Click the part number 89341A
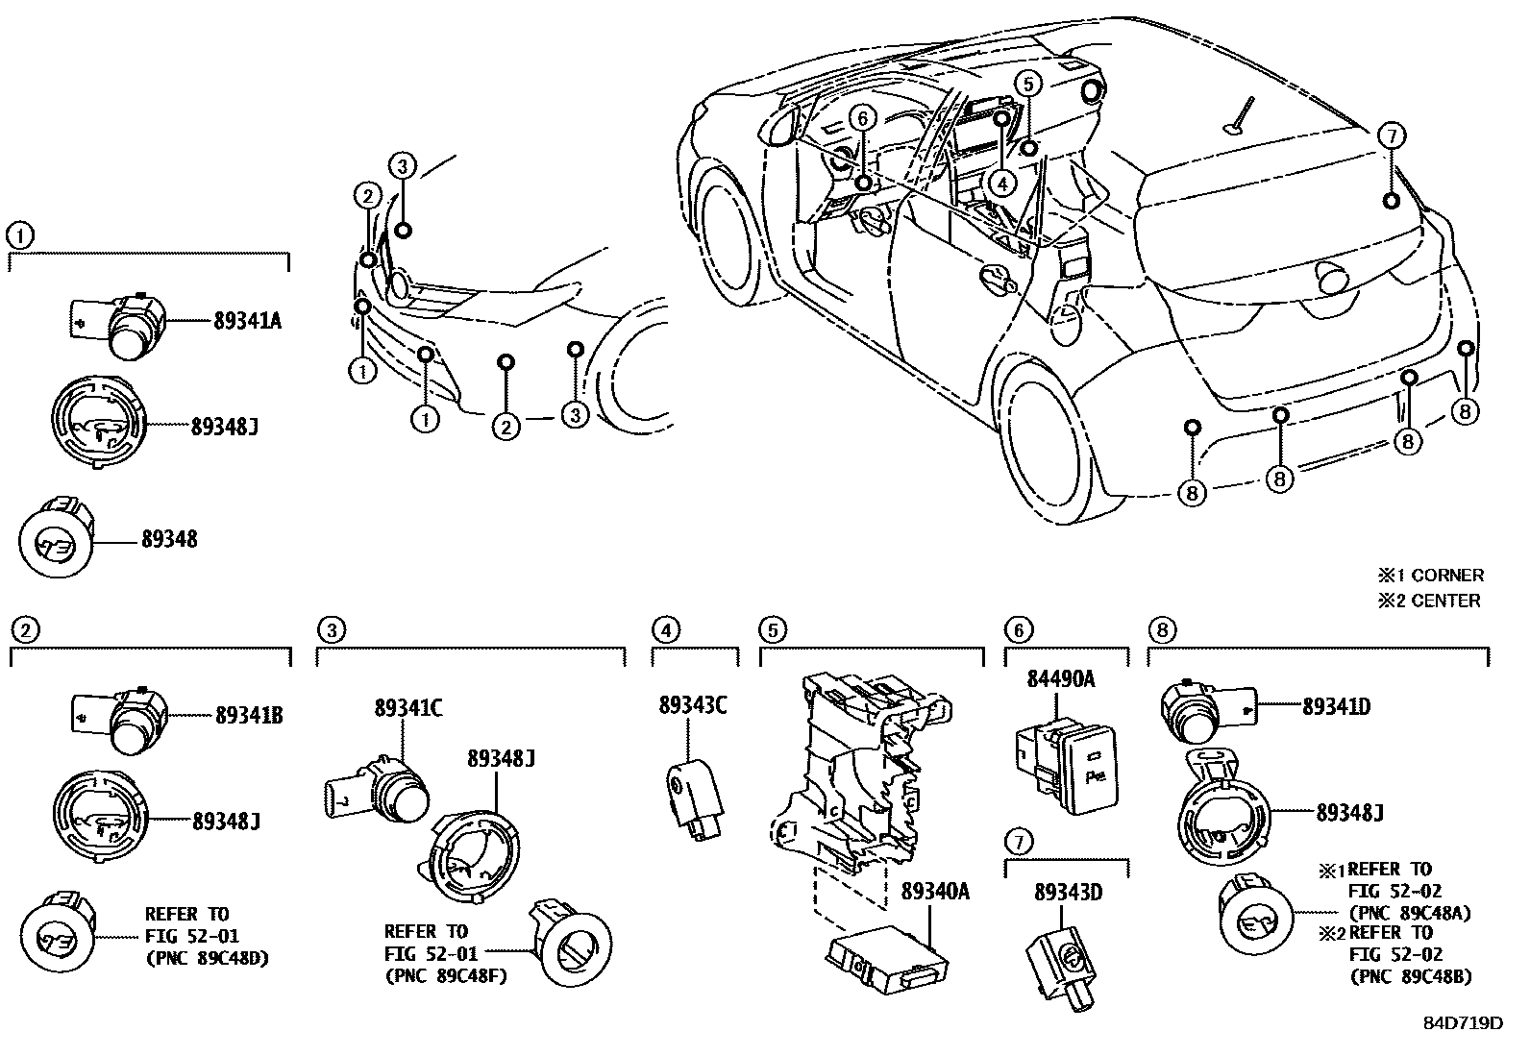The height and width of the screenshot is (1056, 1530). (247, 321)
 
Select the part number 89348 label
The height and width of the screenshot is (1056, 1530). (169, 540)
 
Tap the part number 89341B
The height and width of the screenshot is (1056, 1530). (248, 715)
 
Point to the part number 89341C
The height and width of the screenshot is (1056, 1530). (408, 708)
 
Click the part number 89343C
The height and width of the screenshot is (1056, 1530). (692, 705)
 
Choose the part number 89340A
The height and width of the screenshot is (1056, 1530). (934, 892)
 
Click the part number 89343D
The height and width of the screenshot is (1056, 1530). (1068, 893)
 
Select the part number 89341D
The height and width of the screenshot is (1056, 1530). (1336, 707)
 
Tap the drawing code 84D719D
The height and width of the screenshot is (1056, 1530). (1462, 1022)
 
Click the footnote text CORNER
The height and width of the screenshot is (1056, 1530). (1447, 576)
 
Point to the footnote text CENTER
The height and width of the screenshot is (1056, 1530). (1445, 601)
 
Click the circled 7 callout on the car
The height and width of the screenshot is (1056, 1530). (1390, 135)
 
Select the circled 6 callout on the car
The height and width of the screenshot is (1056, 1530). (862, 118)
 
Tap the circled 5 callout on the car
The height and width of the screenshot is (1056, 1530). (1026, 84)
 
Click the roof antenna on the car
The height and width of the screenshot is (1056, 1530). (1240, 116)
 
